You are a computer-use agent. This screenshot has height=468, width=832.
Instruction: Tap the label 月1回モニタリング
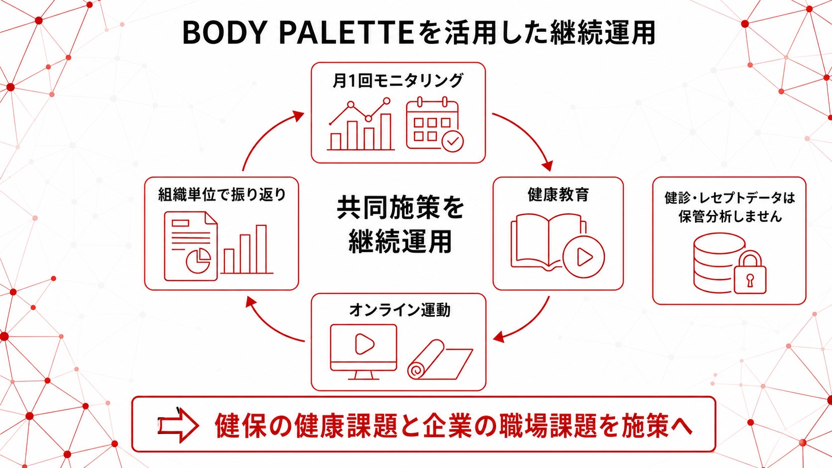tap(398, 81)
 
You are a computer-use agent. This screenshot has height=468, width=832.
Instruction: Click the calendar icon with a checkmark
tap(434, 124)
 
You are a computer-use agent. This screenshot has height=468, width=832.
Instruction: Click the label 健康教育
tap(558, 194)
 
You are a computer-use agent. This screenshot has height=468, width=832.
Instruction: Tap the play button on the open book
tap(584, 257)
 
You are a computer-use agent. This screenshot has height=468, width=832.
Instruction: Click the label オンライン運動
tap(400, 310)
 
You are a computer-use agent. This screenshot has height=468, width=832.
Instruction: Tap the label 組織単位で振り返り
tap(222, 194)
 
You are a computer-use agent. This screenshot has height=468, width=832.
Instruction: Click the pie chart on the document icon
tap(199, 261)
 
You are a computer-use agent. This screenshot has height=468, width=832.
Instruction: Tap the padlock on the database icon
tap(750, 272)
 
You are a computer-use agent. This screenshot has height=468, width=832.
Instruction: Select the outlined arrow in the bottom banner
tap(178, 425)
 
